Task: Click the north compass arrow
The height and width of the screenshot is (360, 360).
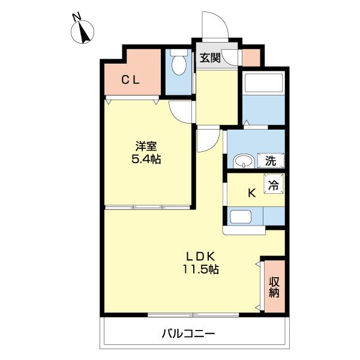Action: [x=84, y=33]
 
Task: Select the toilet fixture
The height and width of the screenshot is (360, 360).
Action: [x=179, y=64]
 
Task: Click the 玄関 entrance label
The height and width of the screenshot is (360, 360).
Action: [x=210, y=58]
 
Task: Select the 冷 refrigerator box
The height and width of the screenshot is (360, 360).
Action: [x=273, y=186]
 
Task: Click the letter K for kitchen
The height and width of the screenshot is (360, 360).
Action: [x=252, y=193]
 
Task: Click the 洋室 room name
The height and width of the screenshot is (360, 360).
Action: [x=147, y=146]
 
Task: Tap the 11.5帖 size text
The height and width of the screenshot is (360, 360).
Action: [x=200, y=269]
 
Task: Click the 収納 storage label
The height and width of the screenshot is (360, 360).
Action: [x=274, y=287]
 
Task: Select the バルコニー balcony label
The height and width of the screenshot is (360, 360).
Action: [x=188, y=333]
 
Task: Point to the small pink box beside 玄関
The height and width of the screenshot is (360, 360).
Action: [x=251, y=57]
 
